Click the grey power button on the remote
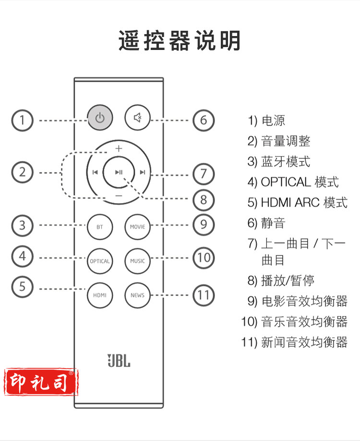point(100,117)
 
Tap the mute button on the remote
point(137,117)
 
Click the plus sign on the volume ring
point(119,148)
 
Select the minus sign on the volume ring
point(119,196)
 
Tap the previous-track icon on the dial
point(96,172)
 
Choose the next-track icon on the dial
point(143,172)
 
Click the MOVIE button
point(137,226)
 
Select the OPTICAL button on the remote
point(100,261)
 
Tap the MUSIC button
point(137,261)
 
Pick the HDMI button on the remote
point(100,295)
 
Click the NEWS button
point(137,295)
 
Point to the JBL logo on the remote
point(119,360)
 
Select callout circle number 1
point(23,120)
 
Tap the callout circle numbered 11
point(204,294)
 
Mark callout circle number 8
point(204,199)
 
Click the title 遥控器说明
point(180,41)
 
